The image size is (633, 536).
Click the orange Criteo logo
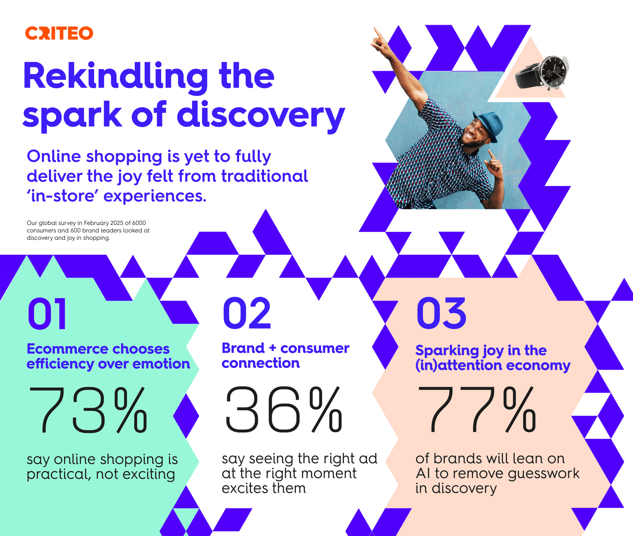tap(59, 33)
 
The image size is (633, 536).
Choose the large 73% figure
tap(88, 410)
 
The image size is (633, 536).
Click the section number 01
tap(47, 313)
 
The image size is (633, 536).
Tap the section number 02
tap(247, 313)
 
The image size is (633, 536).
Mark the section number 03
tap(441, 313)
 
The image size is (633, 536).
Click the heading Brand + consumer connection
tap(285, 355)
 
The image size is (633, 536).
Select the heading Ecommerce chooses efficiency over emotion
tap(108, 356)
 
